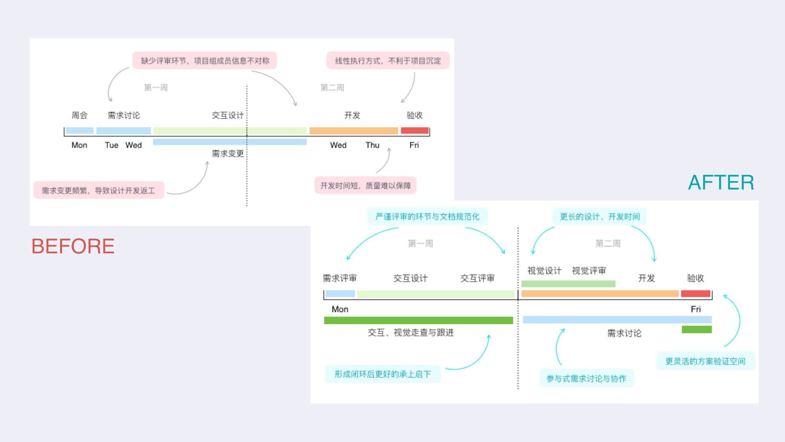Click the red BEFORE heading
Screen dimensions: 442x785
click(73, 246)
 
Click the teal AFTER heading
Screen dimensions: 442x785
click(721, 183)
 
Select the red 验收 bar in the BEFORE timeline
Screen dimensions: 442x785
click(415, 131)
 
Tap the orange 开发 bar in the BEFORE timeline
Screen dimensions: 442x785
click(354, 131)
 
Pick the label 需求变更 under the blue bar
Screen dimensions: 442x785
click(228, 153)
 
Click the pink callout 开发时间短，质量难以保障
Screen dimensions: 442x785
click(365, 185)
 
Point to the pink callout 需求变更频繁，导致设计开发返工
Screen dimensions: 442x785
click(99, 190)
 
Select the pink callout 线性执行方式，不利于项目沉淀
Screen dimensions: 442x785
click(388, 61)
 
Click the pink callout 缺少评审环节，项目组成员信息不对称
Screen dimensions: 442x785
click(205, 61)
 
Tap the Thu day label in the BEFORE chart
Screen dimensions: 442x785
click(372, 145)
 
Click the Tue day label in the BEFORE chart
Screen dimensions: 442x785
click(111, 145)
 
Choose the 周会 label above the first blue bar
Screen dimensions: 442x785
click(79, 115)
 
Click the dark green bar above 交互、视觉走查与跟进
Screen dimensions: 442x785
click(418, 320)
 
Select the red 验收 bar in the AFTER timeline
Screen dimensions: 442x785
click(695, 293)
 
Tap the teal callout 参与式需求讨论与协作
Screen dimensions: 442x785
click(586, 379)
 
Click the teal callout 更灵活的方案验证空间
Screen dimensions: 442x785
click(705, 361)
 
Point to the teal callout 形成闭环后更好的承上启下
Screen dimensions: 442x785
click(382, 374)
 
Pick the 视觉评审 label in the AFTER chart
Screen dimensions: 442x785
click(589, 271)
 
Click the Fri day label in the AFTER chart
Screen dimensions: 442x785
click(695, 309)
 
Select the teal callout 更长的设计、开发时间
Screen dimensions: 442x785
click(600, 216)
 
